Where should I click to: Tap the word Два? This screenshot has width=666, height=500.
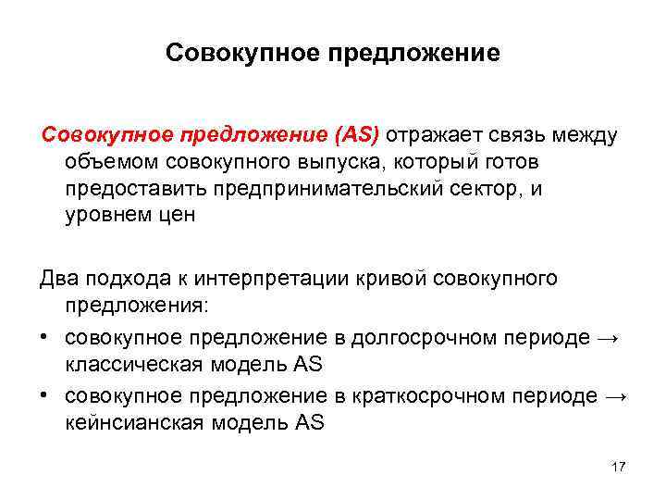click(59, 279)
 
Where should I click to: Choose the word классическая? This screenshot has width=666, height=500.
click(129, 364)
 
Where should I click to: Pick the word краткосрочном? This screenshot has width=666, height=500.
click(436, 395)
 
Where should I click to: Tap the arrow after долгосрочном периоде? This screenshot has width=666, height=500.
click(608, 339)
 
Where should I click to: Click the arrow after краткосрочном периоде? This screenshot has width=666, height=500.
click(616, 396)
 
